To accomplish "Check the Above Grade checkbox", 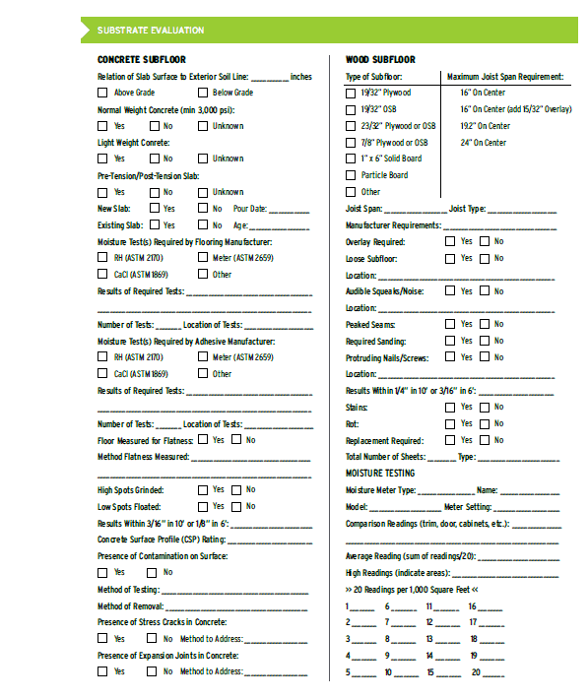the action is point(102,93).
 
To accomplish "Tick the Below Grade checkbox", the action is point(203,93).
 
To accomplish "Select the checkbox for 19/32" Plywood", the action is point(352,93).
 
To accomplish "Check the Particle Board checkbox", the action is point(352,175).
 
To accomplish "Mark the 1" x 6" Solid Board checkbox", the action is point(352,159).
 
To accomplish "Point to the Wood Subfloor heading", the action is point(380,60).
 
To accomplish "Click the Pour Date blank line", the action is point(289,209).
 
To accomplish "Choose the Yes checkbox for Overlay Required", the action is point(450,241).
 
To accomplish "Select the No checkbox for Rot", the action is point(484,424).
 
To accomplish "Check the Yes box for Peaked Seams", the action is point(450,325).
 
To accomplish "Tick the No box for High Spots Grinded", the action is point(236,490).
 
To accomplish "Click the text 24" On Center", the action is point(483,143).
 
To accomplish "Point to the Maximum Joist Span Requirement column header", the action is point(504,76).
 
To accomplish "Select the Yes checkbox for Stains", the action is point(450,408).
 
